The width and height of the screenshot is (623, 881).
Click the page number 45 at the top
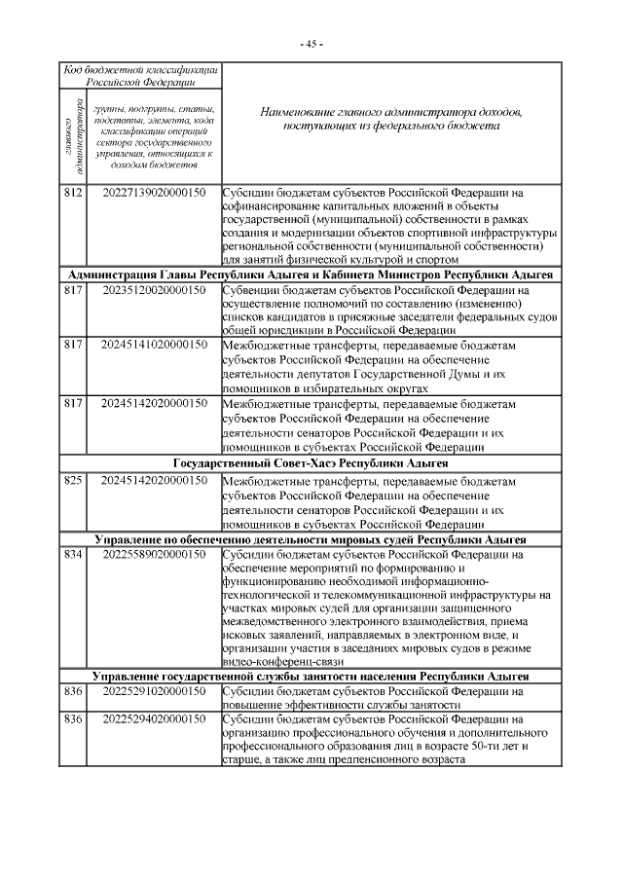point(311,44)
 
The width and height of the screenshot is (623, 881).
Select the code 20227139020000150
point(153,193)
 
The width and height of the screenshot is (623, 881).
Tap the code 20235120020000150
point(153,289)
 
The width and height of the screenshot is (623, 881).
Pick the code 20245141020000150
point(153,345)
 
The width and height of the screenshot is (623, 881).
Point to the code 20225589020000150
point(153,554)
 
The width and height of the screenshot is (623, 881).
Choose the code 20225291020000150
point(153,691)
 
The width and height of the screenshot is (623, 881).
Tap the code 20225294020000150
point(153,719)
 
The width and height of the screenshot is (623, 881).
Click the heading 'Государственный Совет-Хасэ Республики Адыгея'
point(311,462)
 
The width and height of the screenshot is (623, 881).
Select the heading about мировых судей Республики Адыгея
point(311,538)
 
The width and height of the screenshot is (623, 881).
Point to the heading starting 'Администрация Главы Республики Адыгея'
point(311,275)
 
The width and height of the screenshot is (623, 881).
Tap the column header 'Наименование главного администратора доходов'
point(391,120)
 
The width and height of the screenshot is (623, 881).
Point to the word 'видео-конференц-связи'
point(275,662)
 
